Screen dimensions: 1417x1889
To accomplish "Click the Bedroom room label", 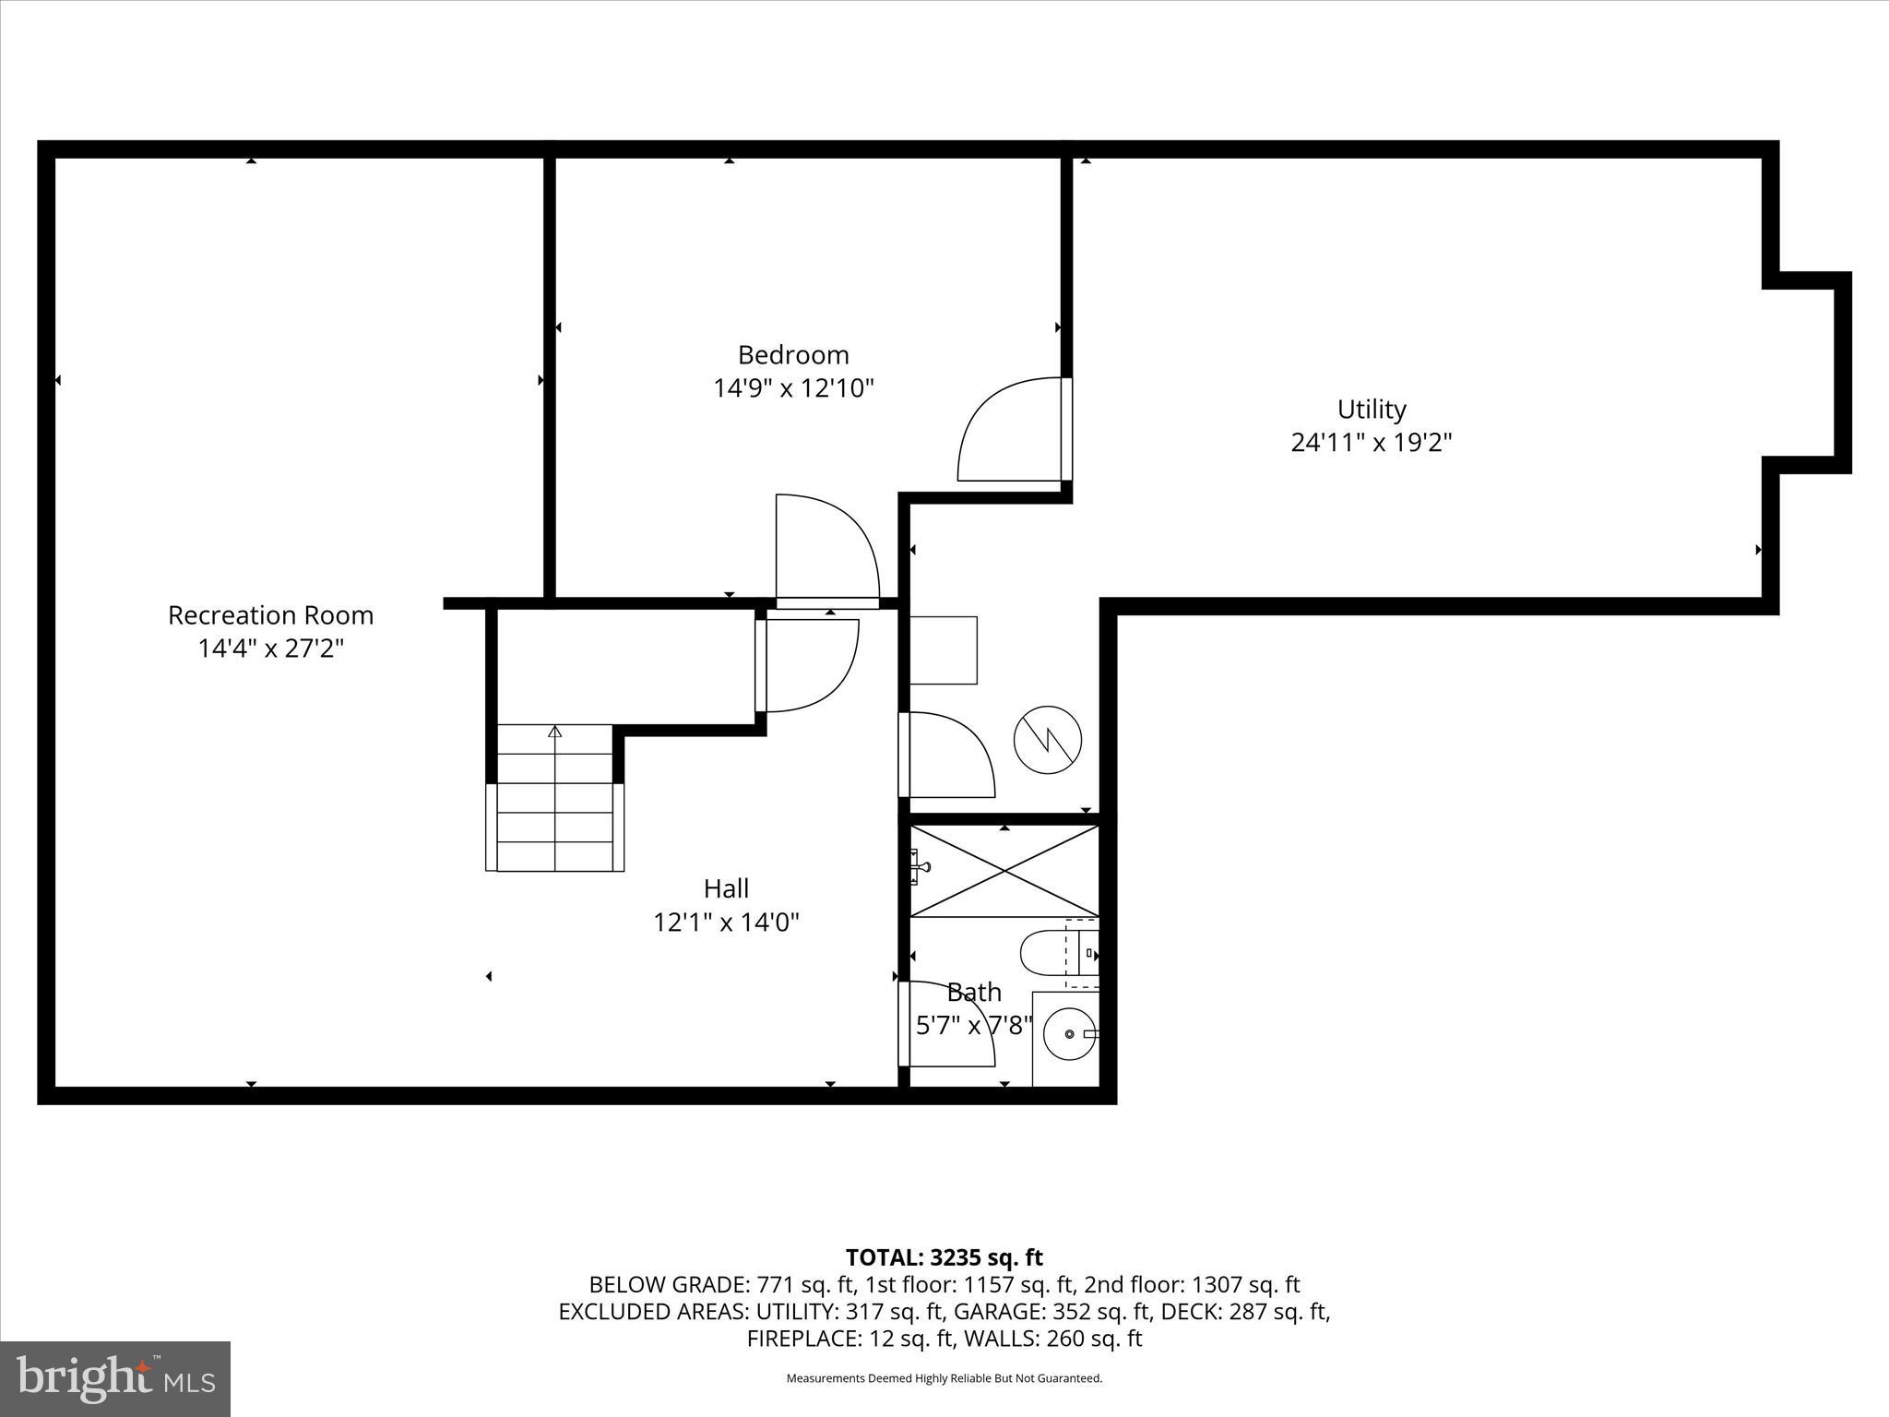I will [793, 355].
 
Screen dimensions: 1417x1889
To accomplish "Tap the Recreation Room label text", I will [270, 615].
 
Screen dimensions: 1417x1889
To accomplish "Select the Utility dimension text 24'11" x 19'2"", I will [1371, 443].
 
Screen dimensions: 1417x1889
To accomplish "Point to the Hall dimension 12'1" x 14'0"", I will [726, 922].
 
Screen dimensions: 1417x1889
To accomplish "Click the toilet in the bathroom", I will [1051, 954].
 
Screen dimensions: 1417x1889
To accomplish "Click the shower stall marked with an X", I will [1004, 871].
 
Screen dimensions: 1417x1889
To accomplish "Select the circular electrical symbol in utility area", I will [1047, 740].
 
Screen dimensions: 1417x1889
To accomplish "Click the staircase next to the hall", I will [554, 812].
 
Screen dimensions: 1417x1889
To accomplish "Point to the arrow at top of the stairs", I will [554, 732].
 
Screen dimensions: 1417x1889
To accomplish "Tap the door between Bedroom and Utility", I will [1010, 429].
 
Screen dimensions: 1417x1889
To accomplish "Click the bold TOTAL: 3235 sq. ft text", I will [944, 1257].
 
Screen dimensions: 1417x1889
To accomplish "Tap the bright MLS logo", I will [115, 1378].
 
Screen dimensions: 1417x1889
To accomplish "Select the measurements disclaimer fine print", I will [944, 1378].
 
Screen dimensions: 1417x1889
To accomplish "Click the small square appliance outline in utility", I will [943, 650].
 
